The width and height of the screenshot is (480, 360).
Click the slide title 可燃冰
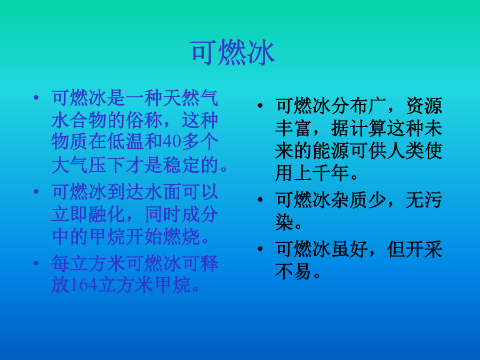pyautogui.click(x=233, y=53)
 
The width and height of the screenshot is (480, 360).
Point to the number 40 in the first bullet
pyautogui.click(x=172, y=142)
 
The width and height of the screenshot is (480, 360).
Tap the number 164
pyautogui.click(x=84, y=285)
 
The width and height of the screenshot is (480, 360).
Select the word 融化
pyautogui.click(x=107, y=214)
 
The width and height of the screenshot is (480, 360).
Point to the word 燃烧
pyautogui.click(x=181, y=236)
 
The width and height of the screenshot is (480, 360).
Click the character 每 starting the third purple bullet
pyautogui.click(x=61, y=263)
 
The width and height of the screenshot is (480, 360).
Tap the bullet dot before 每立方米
pyautogui.click(x=36, y=263)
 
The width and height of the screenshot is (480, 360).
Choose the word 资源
pyautogui.click(x=425, y=106)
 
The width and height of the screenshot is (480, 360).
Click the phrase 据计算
pyautogui.click(x=359, y=128)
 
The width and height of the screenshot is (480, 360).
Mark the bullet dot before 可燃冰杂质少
pyautogui.click(x=260, y=200)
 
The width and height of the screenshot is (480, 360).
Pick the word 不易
pyautogui.click(x=293, y=271)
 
